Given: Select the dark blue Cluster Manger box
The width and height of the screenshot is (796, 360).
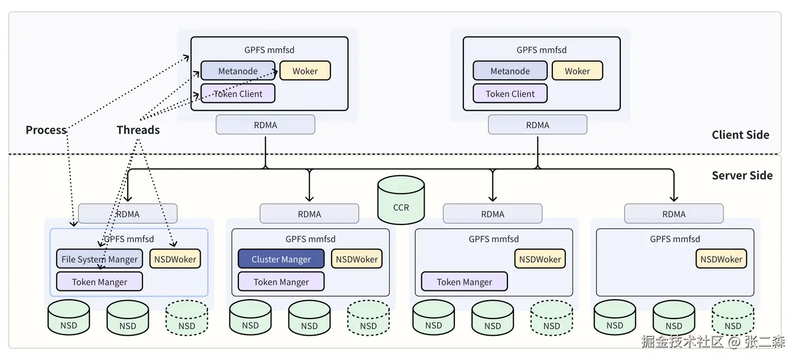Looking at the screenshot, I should click(281, 259).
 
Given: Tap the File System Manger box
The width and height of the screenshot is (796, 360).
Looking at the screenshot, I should click(99, 259).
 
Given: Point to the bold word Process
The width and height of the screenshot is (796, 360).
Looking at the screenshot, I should click(46, 130).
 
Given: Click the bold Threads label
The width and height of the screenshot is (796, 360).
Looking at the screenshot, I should click(138, 130).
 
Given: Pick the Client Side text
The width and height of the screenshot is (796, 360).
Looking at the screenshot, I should click(740, 134).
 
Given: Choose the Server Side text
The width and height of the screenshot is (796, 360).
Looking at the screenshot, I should click(742, 175).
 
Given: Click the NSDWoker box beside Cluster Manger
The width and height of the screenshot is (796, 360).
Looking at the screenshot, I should click(357, 259).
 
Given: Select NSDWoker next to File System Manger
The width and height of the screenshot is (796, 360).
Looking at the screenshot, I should click(175, 259).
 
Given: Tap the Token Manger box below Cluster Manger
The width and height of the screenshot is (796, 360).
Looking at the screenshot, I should click(281, 281).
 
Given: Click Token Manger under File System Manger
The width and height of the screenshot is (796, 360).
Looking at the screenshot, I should click(99, 281).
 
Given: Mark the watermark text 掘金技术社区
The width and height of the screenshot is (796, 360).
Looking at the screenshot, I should click(682, 341).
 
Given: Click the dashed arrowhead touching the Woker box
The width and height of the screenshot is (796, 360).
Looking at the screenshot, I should click(275, 72).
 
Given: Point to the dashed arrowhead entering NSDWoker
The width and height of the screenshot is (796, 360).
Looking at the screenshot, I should click(173, 244).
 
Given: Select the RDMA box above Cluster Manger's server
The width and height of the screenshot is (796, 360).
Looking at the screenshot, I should click(309, 214).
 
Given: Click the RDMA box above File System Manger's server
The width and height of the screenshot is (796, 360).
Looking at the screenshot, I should click(128, 214).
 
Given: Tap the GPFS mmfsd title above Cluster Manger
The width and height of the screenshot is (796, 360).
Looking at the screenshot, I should click(310, 239).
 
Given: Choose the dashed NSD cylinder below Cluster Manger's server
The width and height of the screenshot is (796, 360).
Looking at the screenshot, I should click(368, 318).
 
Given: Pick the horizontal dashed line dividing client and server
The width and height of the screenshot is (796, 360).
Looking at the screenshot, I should click(387, 154).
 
